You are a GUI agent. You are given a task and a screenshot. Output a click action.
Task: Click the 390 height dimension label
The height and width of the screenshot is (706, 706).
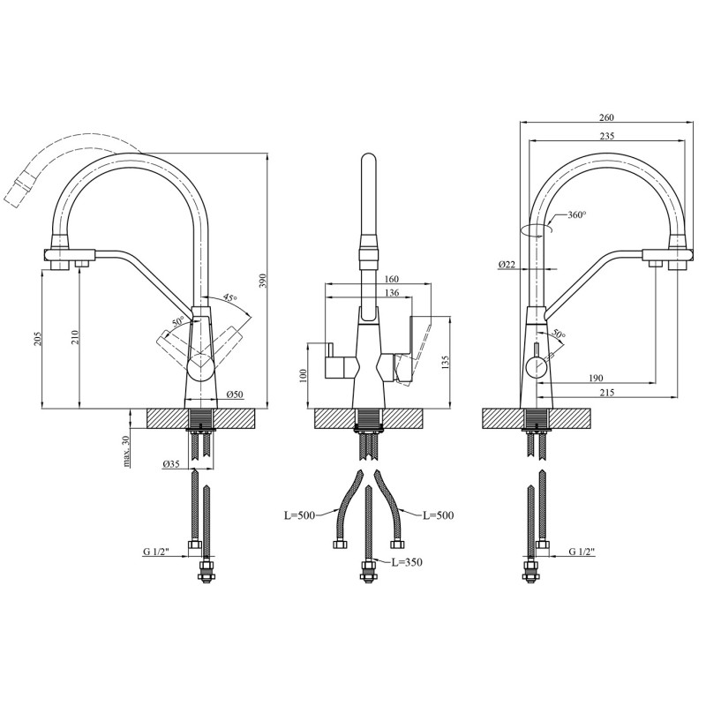[263, 281]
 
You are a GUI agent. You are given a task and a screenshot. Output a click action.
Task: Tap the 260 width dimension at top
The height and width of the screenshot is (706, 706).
[606, 117]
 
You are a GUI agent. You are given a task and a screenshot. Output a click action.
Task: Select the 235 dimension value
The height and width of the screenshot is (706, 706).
[606, 136]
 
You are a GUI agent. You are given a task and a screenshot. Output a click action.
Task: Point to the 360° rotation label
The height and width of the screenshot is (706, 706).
[577, 214]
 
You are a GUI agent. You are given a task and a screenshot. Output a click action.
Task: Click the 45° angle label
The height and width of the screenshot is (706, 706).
[229, 298]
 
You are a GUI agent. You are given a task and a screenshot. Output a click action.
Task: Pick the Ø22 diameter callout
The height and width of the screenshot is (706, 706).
[507, 265]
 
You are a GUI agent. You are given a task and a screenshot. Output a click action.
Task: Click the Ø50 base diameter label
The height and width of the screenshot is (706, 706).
[235, 394]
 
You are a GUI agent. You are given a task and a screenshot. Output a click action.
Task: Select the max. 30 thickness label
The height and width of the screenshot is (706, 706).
[126, 451]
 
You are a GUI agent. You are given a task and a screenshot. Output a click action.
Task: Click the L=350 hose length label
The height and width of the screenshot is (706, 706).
[407, 562]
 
